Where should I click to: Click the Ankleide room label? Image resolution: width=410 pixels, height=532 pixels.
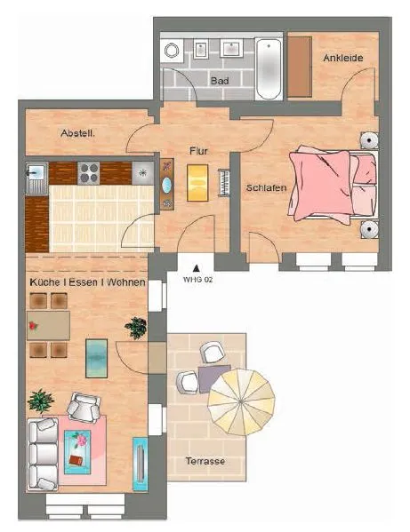(x=343, y=58)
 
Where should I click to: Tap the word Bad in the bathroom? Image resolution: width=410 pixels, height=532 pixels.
(x=220, y=81)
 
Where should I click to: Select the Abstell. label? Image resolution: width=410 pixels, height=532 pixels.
(x=77, y=133)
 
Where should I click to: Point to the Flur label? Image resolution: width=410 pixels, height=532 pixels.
(x=198, y=151)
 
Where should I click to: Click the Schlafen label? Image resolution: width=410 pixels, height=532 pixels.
(x=266, y=187)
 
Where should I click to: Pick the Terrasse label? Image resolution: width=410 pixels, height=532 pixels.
(x=205, y=461)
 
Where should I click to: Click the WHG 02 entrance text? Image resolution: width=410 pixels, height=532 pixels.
(x=197, y=280)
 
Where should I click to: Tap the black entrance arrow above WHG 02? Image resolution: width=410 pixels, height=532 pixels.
(x=196, y=268)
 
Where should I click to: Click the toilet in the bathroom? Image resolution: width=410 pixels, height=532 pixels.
(x=172, y=51)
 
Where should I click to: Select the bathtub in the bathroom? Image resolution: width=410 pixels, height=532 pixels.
(x=269, y=69)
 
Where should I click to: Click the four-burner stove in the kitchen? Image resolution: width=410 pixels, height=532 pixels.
(x=89, y=173)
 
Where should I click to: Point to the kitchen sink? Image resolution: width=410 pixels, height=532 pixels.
(x=36, y=178)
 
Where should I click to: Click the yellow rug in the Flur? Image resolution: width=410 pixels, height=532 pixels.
(x=197, y=183)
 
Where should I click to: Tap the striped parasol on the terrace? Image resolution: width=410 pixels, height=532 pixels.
(x=241, y=402)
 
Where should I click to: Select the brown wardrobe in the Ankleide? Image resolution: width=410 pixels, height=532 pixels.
(x=300, y=67)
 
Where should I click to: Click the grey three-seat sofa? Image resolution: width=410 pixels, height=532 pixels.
(x=43, y=454)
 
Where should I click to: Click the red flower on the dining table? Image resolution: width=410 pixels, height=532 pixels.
(x=33, y=326)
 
